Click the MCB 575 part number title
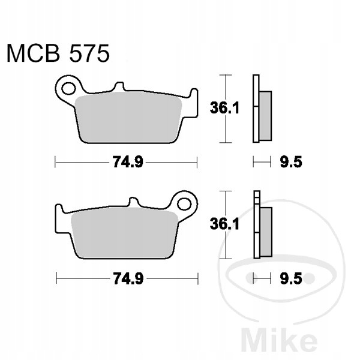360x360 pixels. point(58,53)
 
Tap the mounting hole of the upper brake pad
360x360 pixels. point(68,88)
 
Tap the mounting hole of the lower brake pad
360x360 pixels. point(184,204)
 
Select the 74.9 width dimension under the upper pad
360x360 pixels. point(128,162)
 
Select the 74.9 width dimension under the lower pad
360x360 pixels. point(128,278)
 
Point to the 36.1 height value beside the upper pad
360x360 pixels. point(224,108)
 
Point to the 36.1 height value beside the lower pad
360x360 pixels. point(224,224)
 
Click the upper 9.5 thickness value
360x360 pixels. point(291,162)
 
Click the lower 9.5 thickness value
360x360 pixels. point(291,278)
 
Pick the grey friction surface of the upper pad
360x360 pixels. point(128,116)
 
